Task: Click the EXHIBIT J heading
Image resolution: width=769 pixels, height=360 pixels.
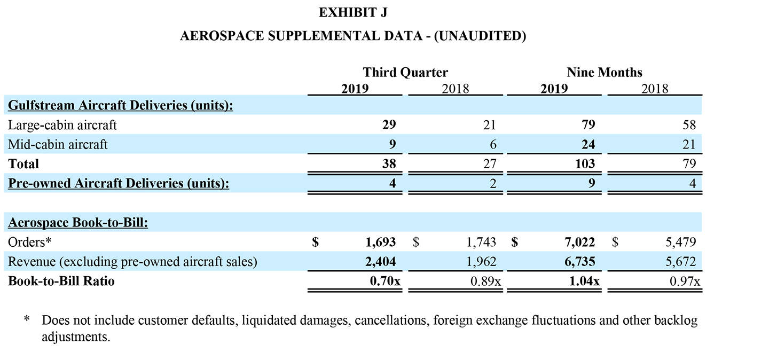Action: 353,12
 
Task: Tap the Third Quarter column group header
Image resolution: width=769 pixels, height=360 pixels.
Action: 405,72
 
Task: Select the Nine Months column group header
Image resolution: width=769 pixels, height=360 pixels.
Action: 605,72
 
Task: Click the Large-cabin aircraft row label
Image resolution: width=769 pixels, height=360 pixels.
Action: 62,125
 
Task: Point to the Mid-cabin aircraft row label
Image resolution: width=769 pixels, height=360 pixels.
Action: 58,144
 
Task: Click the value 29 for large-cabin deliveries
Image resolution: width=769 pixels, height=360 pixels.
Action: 389,125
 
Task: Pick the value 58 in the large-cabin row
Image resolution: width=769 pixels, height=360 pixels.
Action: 689,125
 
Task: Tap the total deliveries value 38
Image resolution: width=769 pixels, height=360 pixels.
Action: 389,163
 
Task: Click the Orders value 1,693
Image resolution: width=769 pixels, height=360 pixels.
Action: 381,242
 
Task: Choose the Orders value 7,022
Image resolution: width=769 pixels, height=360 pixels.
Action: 580,242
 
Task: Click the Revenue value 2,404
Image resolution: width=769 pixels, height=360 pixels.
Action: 381,262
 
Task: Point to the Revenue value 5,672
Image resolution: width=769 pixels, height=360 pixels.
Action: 681,262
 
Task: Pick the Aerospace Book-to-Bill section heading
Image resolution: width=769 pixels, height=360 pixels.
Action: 78,223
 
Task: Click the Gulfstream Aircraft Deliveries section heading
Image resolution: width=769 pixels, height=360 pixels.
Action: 121,105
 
